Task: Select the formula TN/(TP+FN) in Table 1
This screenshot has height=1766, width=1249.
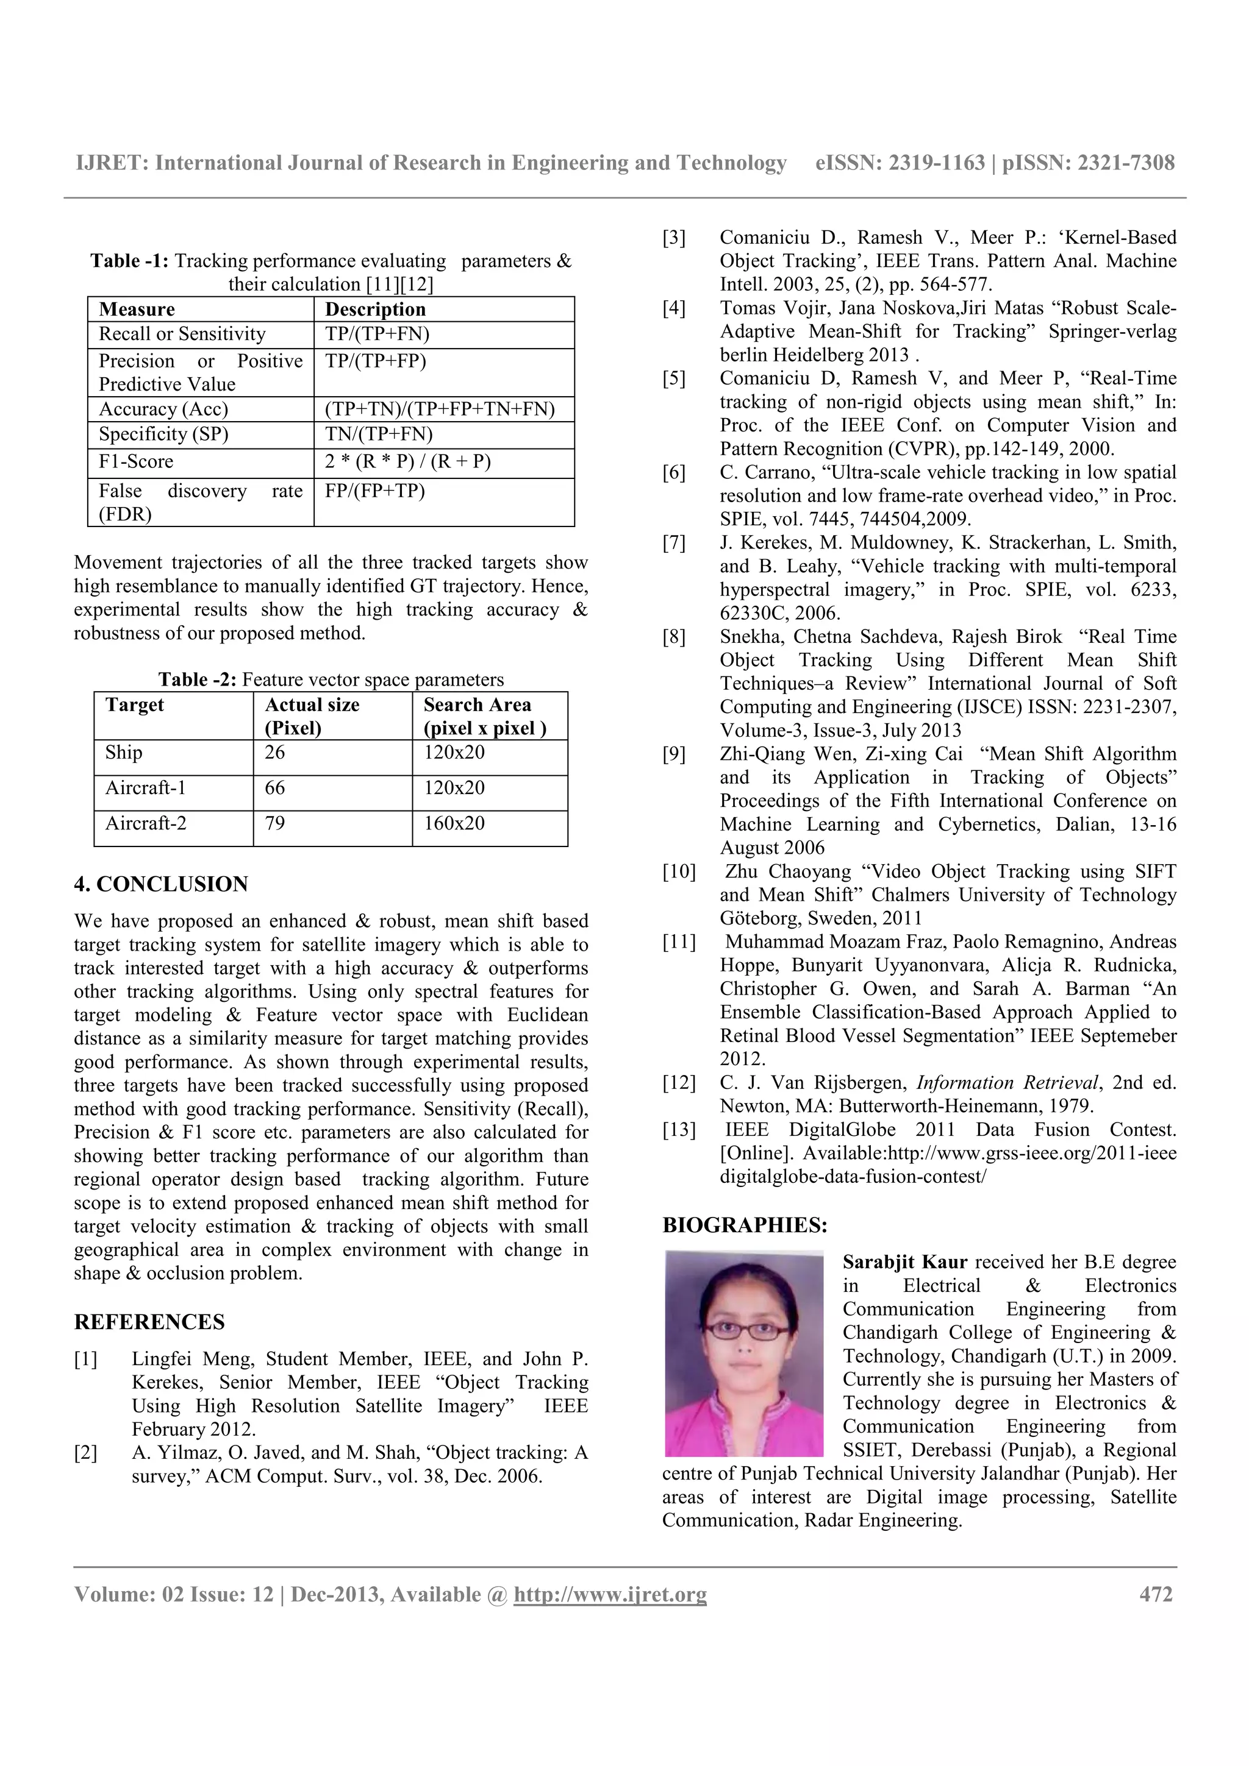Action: pos(378,434)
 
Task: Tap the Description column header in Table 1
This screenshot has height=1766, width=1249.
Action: pos(375,309)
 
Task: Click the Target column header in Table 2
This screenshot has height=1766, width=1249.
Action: pos(135,704)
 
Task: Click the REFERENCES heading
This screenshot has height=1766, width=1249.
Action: pos(149,1322)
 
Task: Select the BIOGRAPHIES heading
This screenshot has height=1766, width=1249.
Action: pos(745,1225)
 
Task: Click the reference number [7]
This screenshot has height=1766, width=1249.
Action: pos(673,543)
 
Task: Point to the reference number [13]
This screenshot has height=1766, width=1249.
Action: pos(678,1130)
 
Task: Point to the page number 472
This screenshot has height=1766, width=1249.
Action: pos(1155,1595)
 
